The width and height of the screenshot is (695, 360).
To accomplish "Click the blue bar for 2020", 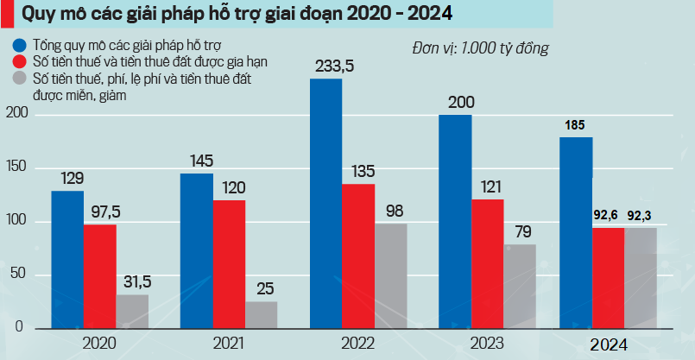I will tap(66, 259).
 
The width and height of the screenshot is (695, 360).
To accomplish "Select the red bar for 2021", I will tap(229, 264).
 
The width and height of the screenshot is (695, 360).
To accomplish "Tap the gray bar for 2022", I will tap(390, 276).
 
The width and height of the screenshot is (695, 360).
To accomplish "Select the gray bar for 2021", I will tap(262, 315).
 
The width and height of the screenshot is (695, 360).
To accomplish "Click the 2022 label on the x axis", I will tap(357, 344).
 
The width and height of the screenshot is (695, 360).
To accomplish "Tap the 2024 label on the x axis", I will tap(608, 344).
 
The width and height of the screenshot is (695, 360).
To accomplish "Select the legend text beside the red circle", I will tap(138, 61).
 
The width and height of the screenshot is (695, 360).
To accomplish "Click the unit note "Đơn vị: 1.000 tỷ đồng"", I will tap(481, 47).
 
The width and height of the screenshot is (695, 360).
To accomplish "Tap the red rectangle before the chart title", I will tap(6, 14).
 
